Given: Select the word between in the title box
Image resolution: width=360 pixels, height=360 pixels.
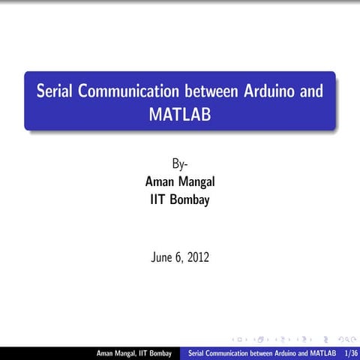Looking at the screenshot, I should (212, 91).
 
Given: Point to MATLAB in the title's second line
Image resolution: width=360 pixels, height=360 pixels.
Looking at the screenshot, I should (180, 115).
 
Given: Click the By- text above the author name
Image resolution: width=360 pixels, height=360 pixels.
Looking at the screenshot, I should (180, 163).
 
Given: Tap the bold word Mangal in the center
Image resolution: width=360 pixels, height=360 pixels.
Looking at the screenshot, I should (198, 182).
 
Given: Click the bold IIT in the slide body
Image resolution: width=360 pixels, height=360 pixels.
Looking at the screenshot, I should (157, 200).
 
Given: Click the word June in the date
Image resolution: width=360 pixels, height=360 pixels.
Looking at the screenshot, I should (163, 258).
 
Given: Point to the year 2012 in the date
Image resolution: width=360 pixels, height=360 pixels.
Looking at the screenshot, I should (198, 258).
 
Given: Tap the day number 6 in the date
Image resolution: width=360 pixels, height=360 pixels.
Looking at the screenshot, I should (180, 258).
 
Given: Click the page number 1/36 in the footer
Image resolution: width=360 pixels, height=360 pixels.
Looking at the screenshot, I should (349, 353).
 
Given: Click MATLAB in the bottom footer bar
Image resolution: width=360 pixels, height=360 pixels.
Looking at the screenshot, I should (322, 353).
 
